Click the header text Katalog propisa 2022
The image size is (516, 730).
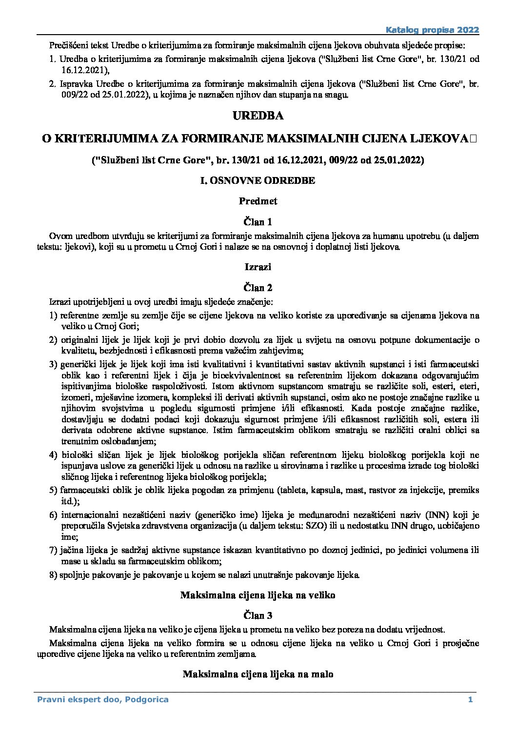point(432,30)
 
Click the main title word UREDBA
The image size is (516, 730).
point(258,116)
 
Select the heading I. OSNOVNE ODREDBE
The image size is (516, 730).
point(258,180)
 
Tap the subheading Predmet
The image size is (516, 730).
point(258,201)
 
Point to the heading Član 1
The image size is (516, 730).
point(258,222)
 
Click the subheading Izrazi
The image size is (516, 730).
point(258,267)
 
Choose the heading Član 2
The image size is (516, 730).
point(258,288)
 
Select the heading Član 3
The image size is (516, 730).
point(258,615)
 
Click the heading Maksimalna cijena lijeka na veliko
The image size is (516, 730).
point(258,595)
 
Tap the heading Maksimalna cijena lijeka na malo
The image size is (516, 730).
point(258,674)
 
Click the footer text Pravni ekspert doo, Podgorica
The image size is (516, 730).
point(103,700)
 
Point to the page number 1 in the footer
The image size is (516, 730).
point(470,700)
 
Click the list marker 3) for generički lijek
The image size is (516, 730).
point(53,364)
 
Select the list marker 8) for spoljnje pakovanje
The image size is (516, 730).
point(53,574)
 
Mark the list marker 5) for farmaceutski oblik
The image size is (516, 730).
point(53,490)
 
